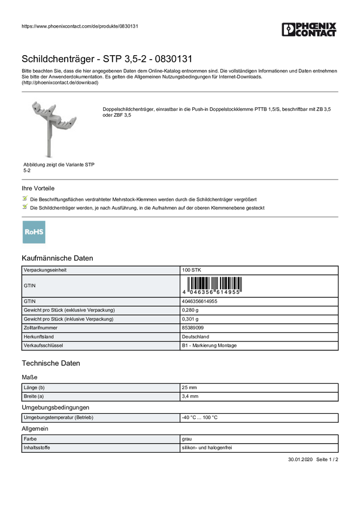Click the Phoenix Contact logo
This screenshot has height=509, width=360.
click(x=310, y=31)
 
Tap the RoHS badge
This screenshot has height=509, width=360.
click(x=34, y=234)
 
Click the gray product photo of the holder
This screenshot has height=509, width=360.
click(x=55, y=126)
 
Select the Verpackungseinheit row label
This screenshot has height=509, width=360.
click(x=45, y=270)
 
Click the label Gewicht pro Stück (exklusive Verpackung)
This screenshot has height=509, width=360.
click(x=68, y=310)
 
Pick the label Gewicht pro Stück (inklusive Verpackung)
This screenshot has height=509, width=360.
click(x=68, y=319)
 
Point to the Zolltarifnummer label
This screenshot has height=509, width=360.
click(x=41, y=328)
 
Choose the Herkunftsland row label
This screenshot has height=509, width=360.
click(x=39, y=337)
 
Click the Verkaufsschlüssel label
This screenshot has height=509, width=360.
click(x=43, y=346)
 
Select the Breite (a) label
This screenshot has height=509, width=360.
click(x=34, y=396)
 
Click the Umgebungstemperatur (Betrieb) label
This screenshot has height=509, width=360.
click(x=58, y=417)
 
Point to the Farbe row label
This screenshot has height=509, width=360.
click(x=30, y=439)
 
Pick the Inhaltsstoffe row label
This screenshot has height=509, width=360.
click(x=37, y=447)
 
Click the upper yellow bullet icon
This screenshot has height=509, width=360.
click(x=25, y=197)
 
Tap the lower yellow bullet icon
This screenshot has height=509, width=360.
click(x=25, y=206)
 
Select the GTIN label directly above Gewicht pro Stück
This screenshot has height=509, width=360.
click(x=30, y=301)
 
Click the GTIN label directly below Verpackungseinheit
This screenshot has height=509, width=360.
click(x=30, y=286)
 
